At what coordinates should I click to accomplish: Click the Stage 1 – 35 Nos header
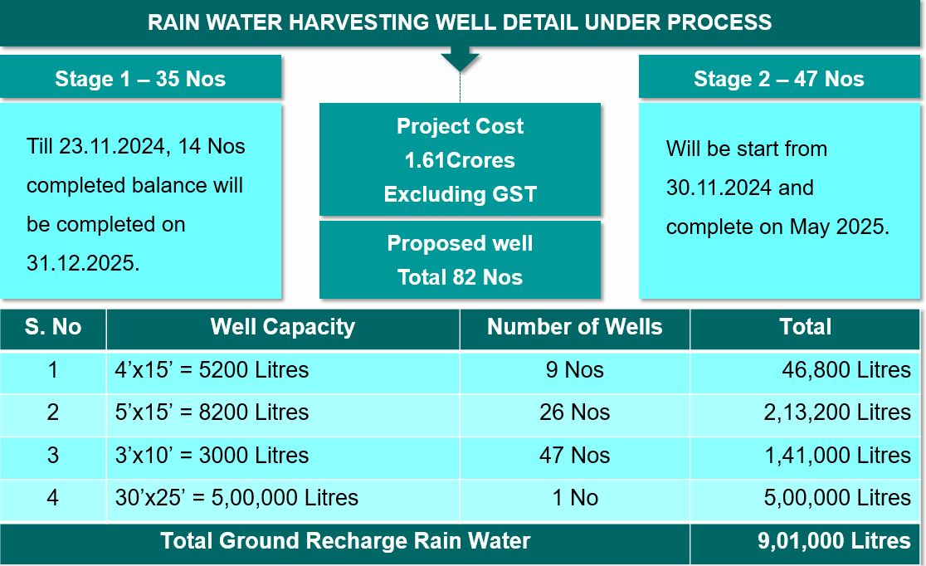coord(140,79)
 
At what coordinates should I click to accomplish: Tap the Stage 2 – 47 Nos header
coord(778,79)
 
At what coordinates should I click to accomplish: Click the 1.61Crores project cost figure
coord(460,160)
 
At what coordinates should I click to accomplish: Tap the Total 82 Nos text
coord(460,277)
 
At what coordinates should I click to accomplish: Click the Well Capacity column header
coord(282,327)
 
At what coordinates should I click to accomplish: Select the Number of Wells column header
coord(574,327)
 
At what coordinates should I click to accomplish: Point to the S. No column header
coord(53,327)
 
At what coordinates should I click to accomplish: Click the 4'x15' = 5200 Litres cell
coord(212,370)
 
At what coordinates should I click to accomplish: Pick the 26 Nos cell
coord(574,412)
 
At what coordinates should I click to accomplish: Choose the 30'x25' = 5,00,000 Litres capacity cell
coord(236,498)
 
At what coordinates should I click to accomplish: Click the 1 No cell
coord(574,498)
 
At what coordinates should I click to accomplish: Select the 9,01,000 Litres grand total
coord(833,541)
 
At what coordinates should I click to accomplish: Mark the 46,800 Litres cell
coord(846,370)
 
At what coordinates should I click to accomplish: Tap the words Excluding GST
coord(460,195)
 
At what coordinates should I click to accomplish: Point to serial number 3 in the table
coord(53,456)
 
